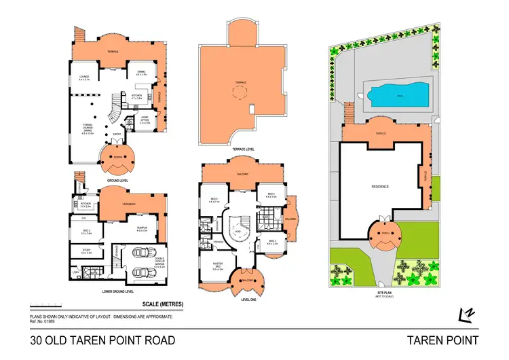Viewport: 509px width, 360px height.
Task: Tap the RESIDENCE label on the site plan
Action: tap(380, 186)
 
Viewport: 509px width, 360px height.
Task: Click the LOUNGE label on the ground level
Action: tap(85, 77)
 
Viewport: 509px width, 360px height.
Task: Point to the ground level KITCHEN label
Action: tap(136, 95)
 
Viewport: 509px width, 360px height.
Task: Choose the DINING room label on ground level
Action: tap(141, 71)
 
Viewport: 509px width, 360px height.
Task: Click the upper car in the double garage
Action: tap(143, 253)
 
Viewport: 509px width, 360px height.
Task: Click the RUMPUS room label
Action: tap(142, 228)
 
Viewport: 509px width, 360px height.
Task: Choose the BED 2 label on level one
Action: tap(271, 241)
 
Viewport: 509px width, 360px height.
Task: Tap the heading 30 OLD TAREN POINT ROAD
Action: tap(102, 340)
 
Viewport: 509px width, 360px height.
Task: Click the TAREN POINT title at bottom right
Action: tap(442, 340)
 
